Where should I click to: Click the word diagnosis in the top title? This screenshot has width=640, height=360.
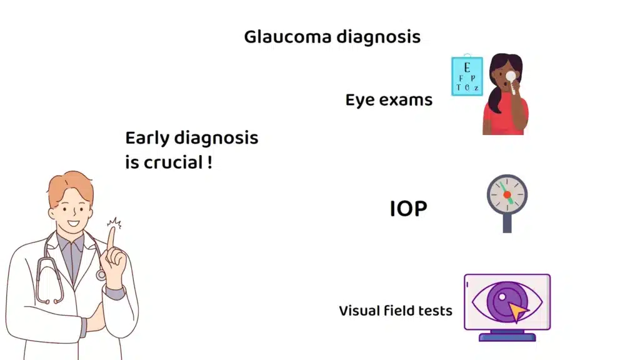pos(378,37)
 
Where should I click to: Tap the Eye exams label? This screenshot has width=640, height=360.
pos(389,100)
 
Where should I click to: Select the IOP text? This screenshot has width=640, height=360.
pos(408,209)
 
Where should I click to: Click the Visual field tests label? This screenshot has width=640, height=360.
pos(396,311)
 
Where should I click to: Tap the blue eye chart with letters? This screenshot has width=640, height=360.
pos(467,76)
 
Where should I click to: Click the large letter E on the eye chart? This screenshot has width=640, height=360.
pos(467,67)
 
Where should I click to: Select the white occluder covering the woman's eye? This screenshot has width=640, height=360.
pos(511,77)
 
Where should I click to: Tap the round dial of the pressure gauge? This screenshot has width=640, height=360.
pos(507,194)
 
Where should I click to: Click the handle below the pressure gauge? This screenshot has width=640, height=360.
pos(507,224)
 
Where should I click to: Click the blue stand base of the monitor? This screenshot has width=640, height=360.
pos(507,336)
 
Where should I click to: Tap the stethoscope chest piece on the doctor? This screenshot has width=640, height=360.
pos(101,274)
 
